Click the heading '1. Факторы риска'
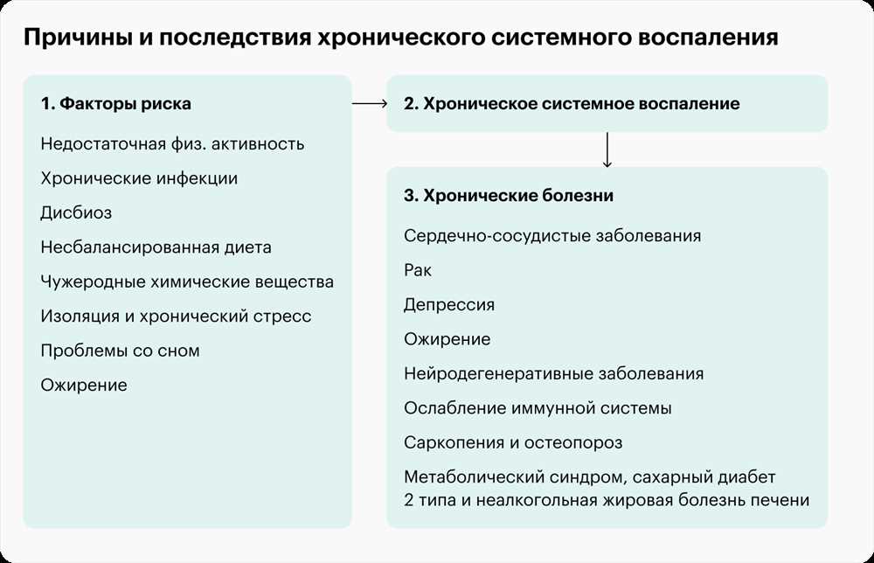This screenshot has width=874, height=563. (x=116, y=104)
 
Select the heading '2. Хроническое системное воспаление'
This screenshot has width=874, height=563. (x=572, y=104)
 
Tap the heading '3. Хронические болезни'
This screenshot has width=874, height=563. (x=509, y=196)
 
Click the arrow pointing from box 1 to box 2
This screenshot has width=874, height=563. (x=370, y=103)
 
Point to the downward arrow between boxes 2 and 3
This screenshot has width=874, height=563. (x=607, y=149)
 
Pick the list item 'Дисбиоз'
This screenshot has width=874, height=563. (x=76, y=213)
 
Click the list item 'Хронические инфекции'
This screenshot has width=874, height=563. (x=139, y=178)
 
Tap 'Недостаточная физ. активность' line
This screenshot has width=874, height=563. (x=172, y=144)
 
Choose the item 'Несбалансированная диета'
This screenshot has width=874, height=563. (x=156, y=247)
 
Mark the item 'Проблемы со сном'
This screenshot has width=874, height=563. (x=120, y=351)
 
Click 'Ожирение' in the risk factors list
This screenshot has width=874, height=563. (x=84, y=386)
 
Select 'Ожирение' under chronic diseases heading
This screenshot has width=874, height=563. (x=447, y=339)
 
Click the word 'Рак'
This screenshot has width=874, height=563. (x=418, y=270)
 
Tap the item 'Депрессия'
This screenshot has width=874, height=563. (x=449, y=305)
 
